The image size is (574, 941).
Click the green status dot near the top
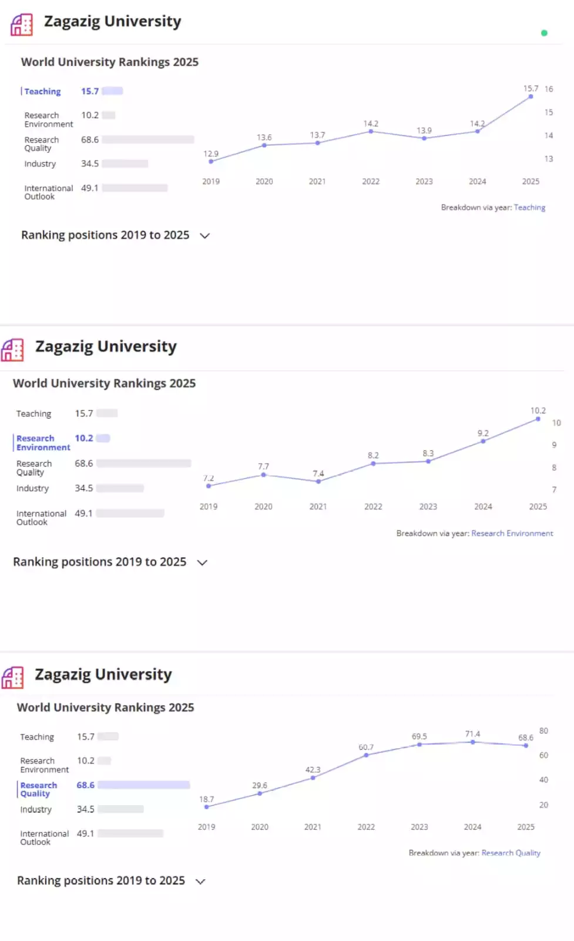pos(544,33)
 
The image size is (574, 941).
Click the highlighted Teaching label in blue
pos(42,92)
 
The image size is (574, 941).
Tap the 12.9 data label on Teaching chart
pos(211,154)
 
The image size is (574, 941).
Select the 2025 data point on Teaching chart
pos(531,96)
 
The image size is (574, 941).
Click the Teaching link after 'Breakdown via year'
pos(529,208)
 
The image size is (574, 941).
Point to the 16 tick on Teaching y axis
pos(549,89)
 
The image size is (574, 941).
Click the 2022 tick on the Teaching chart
pos(371,182)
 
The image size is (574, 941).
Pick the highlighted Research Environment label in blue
pos(43,443)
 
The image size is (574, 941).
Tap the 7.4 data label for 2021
pos(318,473)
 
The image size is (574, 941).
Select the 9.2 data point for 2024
pos(483,441)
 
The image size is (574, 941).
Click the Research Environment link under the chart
pos(512,533)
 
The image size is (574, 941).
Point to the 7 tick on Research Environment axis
pos(554,489)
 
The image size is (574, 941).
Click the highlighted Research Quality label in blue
pos(39,789)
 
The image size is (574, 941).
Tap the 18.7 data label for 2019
pos(207,799)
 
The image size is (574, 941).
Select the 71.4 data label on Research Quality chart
pos(472,734)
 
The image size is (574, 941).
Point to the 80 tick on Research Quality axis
pos(543,731)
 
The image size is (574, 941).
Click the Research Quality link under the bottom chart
pos(511,853)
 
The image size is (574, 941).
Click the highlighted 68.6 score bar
pos(144,785)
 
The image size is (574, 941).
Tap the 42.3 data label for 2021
pos(313,770)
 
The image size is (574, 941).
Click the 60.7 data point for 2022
pos(366,755)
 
